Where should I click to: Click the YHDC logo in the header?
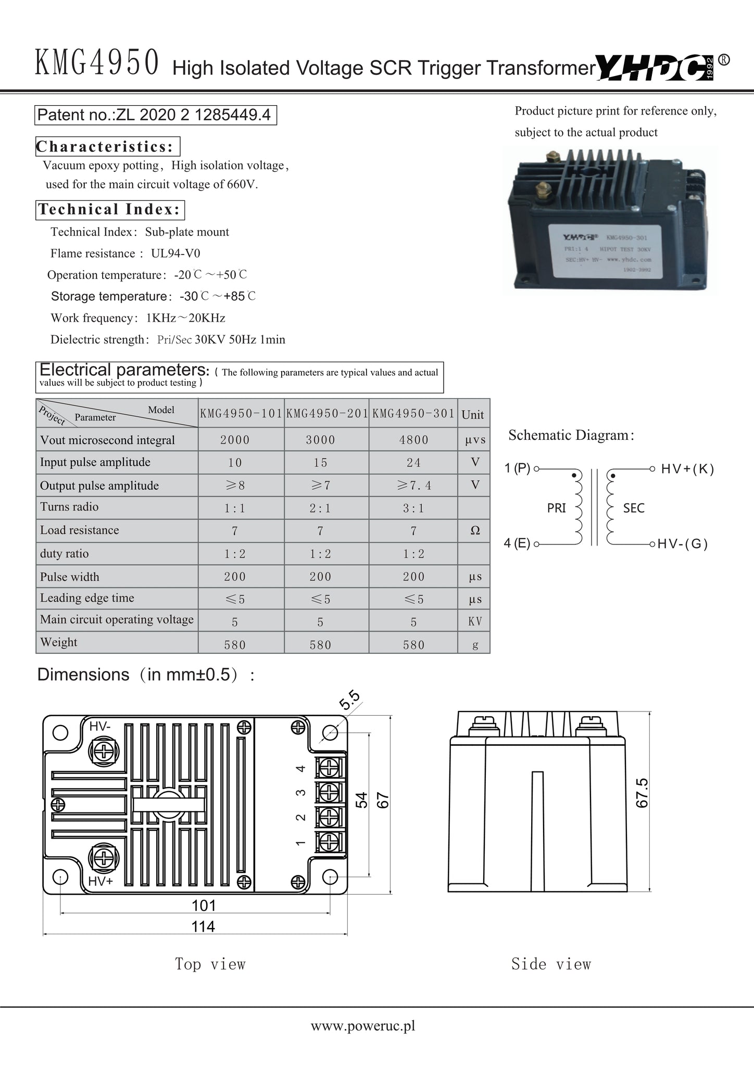coord(655,67)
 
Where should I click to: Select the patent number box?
coord(156,115)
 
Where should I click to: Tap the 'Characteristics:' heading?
coord(107,147)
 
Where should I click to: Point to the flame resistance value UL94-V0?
coord(175,253)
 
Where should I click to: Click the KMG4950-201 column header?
coord(327,414)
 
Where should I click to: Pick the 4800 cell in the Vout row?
coord(413,440)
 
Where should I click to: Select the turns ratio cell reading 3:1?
coord(413,509)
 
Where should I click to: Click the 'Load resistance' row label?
coord(80,530)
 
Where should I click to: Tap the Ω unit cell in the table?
coord(475,530)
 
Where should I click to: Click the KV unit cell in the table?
coord(475,621)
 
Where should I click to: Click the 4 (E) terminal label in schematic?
coord(517,544)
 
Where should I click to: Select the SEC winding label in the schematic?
coord(634,508)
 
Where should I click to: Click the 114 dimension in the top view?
coord(203,927)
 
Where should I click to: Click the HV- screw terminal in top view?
coord(104,751)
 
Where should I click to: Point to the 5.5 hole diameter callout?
coord(349,701)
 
